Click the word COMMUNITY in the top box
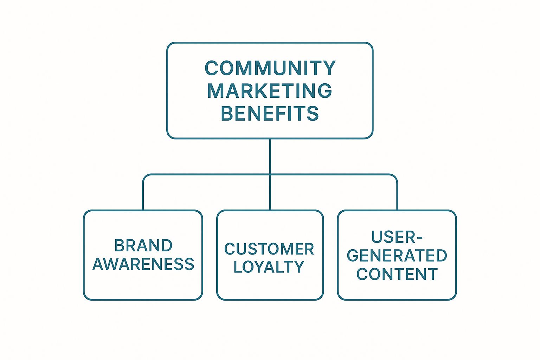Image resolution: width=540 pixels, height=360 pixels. pos(270,68)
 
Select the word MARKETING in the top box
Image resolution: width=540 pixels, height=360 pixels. pos(270,91)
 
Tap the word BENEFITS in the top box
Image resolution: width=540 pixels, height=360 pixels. pos(270,114)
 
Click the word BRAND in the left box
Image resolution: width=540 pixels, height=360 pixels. pos(143,245)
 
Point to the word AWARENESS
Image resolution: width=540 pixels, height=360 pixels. pos(143,264)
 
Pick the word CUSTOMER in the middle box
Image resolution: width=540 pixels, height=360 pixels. pos(269,249)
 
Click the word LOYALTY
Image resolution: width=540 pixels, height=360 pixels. pos(269,267)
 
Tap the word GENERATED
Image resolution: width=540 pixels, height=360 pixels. pos(397,256)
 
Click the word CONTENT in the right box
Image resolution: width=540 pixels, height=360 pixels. pos(397,274)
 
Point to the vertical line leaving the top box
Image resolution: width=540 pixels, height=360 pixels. pos(270,155)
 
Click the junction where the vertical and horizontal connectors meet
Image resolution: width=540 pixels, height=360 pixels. pos(270,174)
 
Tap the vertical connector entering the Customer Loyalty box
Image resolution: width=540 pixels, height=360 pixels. pos(270,193)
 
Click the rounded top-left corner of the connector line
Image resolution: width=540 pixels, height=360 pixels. pos(145,176)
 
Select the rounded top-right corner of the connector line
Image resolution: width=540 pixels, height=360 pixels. pos(395,176)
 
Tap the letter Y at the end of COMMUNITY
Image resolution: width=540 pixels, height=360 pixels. pos(329,68)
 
